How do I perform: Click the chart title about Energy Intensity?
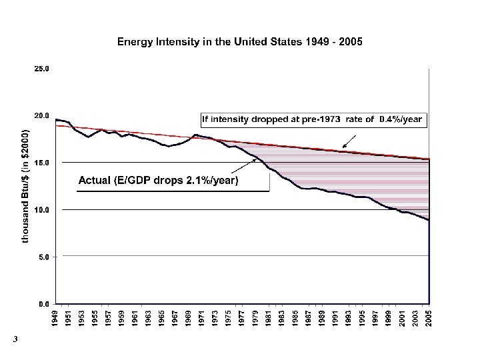click(x=240, y=41)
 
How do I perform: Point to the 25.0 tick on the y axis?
click(x=41, y=69)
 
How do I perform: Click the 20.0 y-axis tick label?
click(x=41, y=115)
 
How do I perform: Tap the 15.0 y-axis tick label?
click(x=41, y=163)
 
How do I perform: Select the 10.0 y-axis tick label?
click(x=41, y=209)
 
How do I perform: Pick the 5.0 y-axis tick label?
click(x=43, y=257)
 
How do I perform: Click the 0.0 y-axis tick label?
click(x=43, y=304)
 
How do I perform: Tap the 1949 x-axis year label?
click(x=57, y=318)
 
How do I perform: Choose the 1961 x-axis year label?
click(x=137, y=318)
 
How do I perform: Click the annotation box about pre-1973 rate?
click(x=312, y=119)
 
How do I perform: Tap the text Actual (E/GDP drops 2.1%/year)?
click(x=158, y=180)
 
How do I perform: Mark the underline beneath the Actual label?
click(x=173, y=191)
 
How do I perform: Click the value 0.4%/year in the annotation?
click(x=400, y=119)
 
